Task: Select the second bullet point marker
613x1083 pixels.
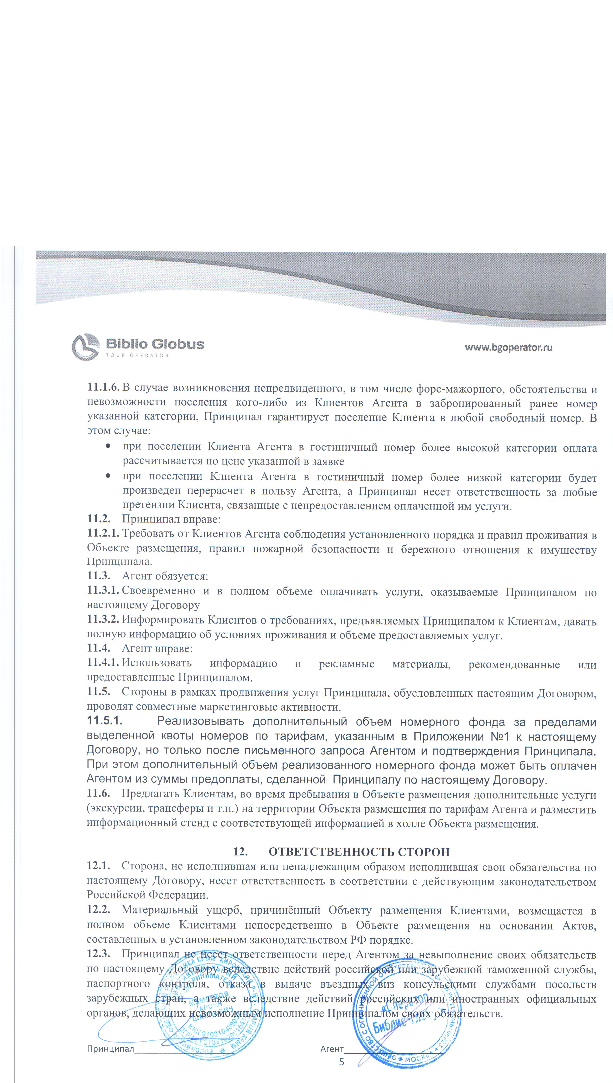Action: click(x=109, y=476)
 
